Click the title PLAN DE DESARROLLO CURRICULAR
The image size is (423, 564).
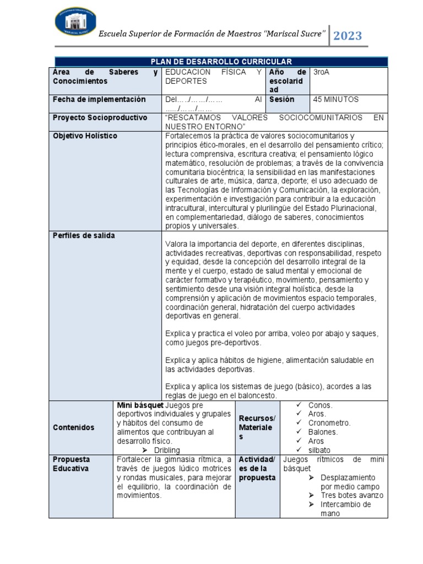point(221,62)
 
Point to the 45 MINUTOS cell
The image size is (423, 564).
point(335,100)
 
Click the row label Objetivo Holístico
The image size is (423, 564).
point(85,136)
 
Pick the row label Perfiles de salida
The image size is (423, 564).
point(84,236)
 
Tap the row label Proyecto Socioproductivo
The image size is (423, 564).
point(100,118)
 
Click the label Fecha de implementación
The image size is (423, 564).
point(99,100)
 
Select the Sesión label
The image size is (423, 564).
point(282,100)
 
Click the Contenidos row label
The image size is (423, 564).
point(73,427)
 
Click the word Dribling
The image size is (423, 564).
point(167,450)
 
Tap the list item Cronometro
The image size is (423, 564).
point(329,423)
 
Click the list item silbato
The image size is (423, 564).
point(320,450)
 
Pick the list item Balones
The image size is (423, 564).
point(323,432)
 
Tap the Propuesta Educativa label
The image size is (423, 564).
point(72,464)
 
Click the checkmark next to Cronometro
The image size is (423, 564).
point(299,423)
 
